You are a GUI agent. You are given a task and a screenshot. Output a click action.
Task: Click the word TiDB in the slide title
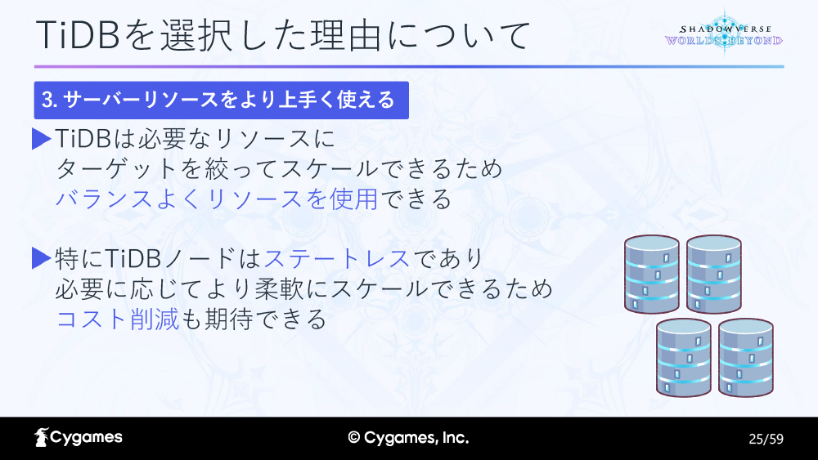pyautogui.click(x=79, y=35)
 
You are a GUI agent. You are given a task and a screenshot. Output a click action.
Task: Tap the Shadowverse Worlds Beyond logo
pyautogui.click(x=724, y=33)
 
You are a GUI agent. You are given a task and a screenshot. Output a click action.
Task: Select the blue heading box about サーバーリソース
pyautogui.click(x=221, y=100)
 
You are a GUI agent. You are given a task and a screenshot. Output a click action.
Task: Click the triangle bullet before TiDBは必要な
pyautogui.click(x=41, y=139)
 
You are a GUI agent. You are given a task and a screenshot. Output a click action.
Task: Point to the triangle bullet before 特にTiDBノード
pyautogui.click(x=41, y=258)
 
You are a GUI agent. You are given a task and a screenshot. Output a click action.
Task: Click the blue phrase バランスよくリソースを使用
pyautogui.click(x=217, y=199)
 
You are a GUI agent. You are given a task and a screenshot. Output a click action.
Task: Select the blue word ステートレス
pyautogui.click(x=336, y=258)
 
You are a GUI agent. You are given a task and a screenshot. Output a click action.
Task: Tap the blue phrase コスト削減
pyautogui.click(x=117, y=319)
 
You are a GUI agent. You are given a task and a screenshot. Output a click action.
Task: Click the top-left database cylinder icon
pyautogui.click(x=652, y=274)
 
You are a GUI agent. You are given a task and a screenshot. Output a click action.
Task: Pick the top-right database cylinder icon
pyautogui.click(x=713, y=274)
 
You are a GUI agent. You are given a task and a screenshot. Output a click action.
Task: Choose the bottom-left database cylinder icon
pyautogui.click(x=683, y=357)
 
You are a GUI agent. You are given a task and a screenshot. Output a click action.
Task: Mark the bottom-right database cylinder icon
pyautogui.click(x=745, y=357)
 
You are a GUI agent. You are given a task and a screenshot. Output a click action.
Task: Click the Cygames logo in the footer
pyautogui.click(x=79, y=438)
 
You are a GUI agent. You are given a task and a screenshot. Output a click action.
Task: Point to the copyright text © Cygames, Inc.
pyautogui.click(x=408, y=438)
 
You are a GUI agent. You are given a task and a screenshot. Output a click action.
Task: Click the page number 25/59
pyautogui.click(x=766, y=439)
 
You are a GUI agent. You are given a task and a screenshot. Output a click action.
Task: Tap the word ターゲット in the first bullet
pyautogui.click(x=117, y=169)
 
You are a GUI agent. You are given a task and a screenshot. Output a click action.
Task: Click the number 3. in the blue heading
pyautogui.click(x=50, y=100)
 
